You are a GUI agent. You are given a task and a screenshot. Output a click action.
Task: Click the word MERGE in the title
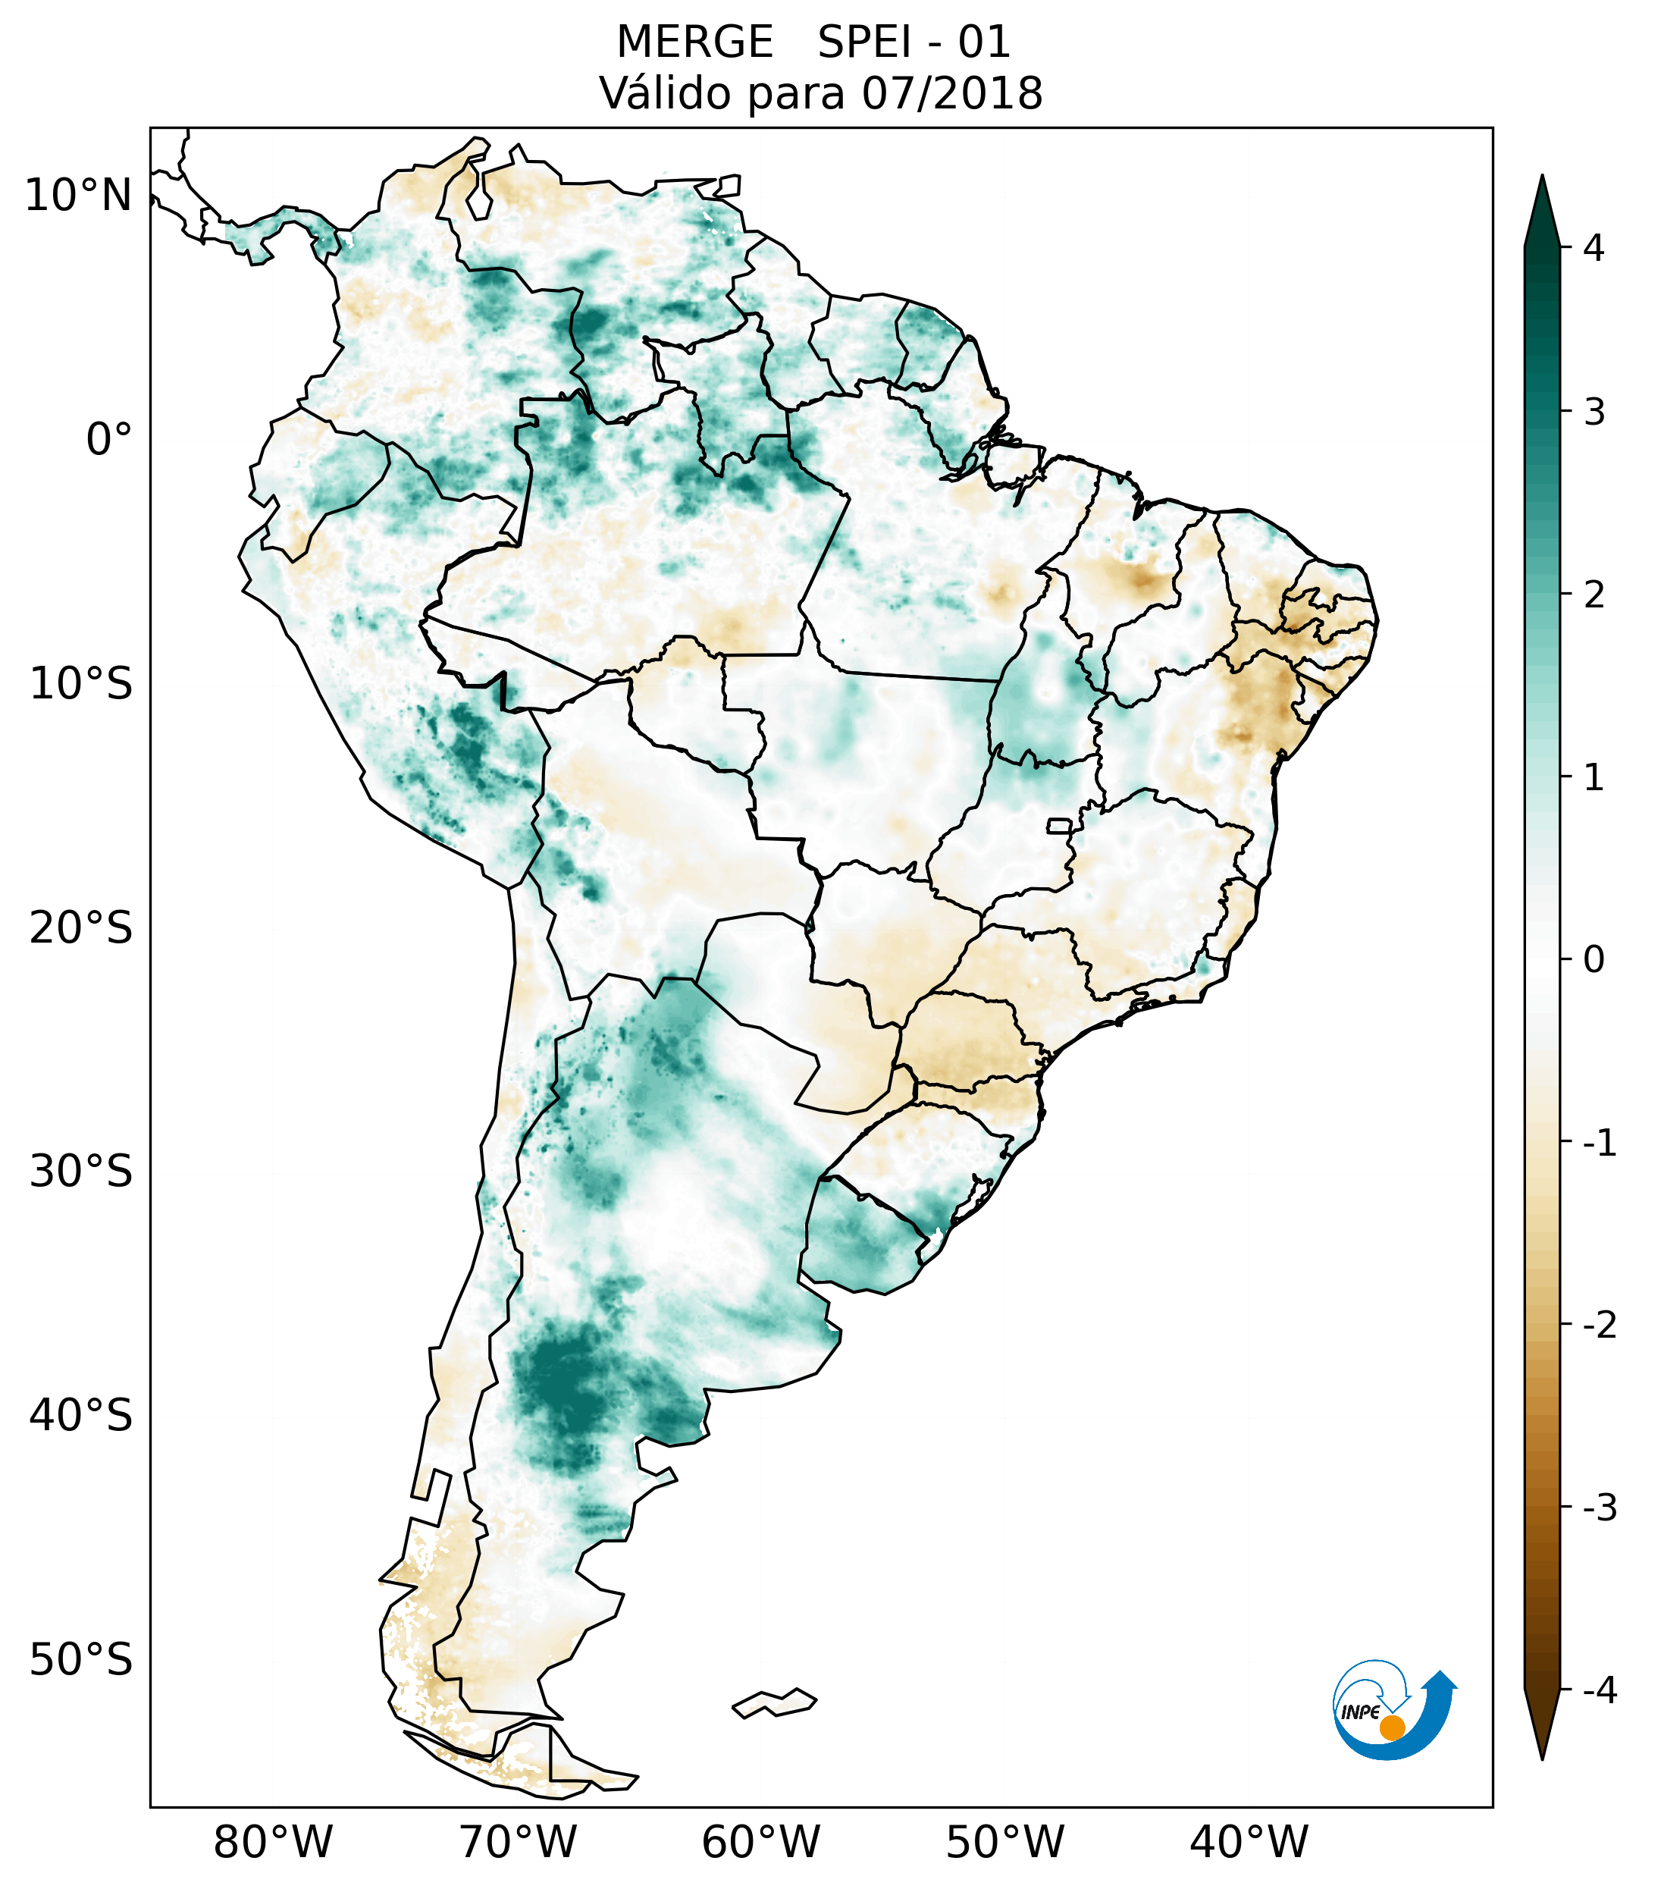coord(694,42)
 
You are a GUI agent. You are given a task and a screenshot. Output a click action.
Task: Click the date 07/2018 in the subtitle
coord(952,94)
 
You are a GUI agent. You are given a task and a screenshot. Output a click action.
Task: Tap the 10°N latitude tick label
coord(79,196)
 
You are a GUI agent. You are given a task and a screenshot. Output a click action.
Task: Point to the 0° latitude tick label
coord(109,440)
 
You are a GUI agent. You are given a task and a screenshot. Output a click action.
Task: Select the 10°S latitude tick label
coord(81,684)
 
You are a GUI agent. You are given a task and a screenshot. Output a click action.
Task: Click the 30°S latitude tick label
coord(81,1172)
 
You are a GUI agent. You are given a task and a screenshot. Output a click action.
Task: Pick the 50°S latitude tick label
coord(81,1660)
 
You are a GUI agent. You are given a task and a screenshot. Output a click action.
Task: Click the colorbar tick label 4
coord(1594,248)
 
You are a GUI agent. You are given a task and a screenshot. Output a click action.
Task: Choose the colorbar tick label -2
coord(1599,1326)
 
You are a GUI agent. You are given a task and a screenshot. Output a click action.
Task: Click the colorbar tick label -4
coord(1599,1691)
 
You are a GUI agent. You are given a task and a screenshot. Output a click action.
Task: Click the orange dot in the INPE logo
coord(1391,1727)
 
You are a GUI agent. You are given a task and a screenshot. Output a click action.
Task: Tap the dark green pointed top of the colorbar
coord(1542,208)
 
